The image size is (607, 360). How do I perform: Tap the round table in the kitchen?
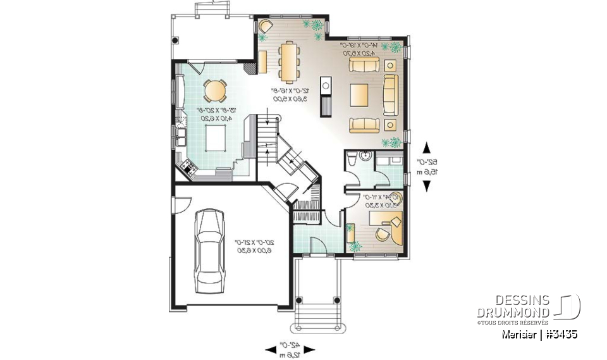[214, 91]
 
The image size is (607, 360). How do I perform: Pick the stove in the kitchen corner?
[188, 166]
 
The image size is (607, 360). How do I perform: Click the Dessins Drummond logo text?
[513, 307]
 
